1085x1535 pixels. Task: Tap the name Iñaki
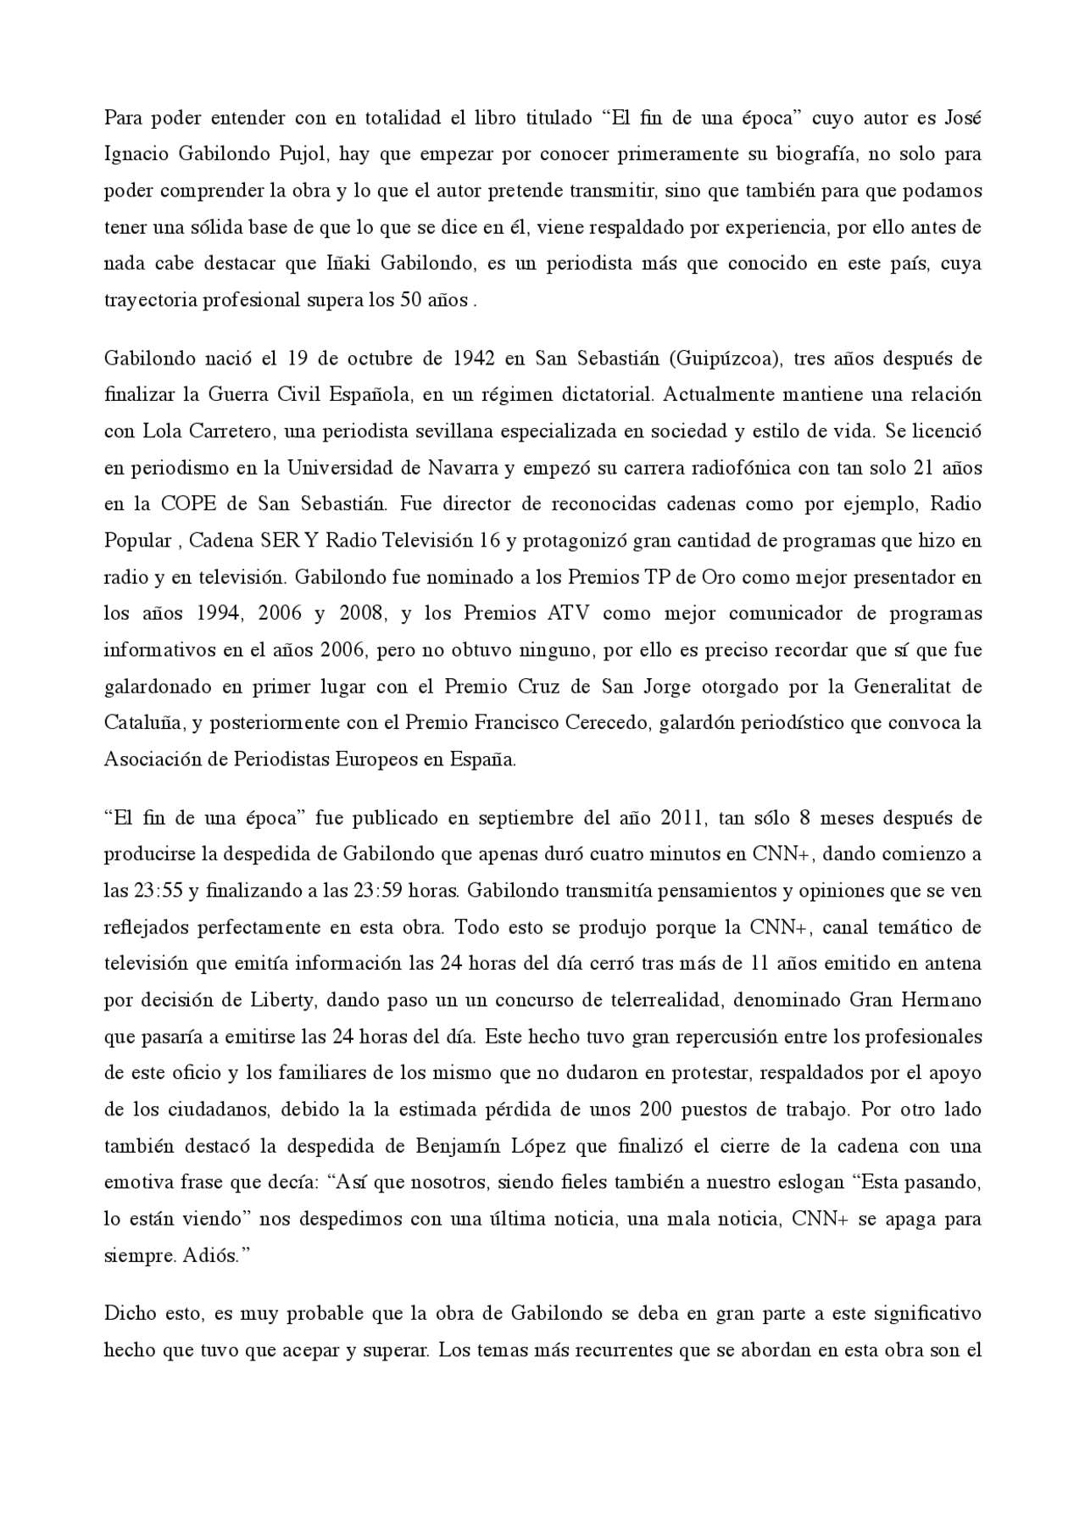click(349, 263)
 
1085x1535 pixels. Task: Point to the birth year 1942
click(475, 358)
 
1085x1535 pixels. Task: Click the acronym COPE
click(187, 503)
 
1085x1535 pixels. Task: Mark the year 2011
click(679, 818)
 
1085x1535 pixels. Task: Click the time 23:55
click(153, 891)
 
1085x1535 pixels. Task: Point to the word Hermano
click(945, 999)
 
